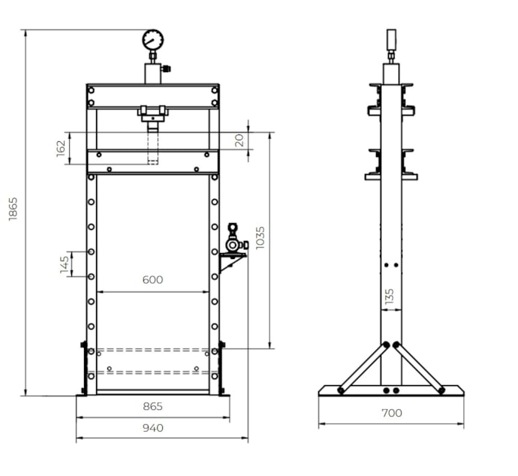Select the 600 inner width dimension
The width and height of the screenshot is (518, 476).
[152, 280]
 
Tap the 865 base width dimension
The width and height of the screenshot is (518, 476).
[152, 406]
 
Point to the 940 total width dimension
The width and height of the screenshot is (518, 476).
[152, 428]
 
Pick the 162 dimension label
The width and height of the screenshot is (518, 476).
[61, 148]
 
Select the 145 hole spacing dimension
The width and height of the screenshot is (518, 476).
[65, 264]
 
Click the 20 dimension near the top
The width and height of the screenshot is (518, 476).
[239, 140]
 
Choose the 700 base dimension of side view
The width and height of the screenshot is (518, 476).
[391, 413]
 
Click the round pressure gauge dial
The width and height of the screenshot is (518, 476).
[152, 39]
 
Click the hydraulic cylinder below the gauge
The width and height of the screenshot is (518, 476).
[152, 73]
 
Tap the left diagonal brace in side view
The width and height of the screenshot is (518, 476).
[363, 368]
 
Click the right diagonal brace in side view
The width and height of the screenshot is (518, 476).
[419, 368]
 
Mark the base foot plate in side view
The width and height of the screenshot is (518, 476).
[391, 390]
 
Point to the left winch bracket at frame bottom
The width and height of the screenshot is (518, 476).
[83, 368]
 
